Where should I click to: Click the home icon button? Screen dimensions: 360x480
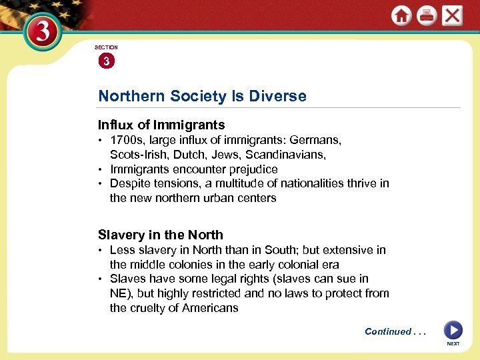pos(401,16)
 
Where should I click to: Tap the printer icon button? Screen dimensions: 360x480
pos(426,16)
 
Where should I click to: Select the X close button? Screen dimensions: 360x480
pos(452,15)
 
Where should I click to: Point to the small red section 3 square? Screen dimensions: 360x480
pos(106,61)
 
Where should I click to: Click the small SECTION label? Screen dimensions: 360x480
pos(106,47)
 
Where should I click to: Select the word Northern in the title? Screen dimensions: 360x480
pos(131,96)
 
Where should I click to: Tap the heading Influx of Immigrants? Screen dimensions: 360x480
pos(161,125)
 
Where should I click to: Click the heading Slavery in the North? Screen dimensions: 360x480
pos(161,235)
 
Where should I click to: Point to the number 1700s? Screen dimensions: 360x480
pos(125,141)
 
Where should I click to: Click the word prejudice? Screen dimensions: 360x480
pos(253,169)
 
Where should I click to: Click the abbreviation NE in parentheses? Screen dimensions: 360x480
pos(118,293)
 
